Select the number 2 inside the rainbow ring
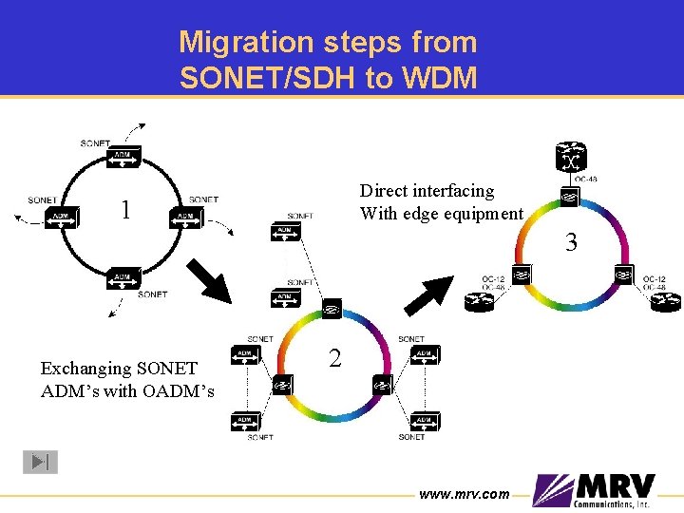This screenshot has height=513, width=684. tap(334, 358)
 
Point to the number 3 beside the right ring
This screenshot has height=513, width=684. tap(571, 243)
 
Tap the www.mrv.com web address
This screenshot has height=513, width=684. tap(465, 493)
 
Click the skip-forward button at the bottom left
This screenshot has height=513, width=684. tap(40, 462)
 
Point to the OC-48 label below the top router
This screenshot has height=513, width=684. tap(586, 180)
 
